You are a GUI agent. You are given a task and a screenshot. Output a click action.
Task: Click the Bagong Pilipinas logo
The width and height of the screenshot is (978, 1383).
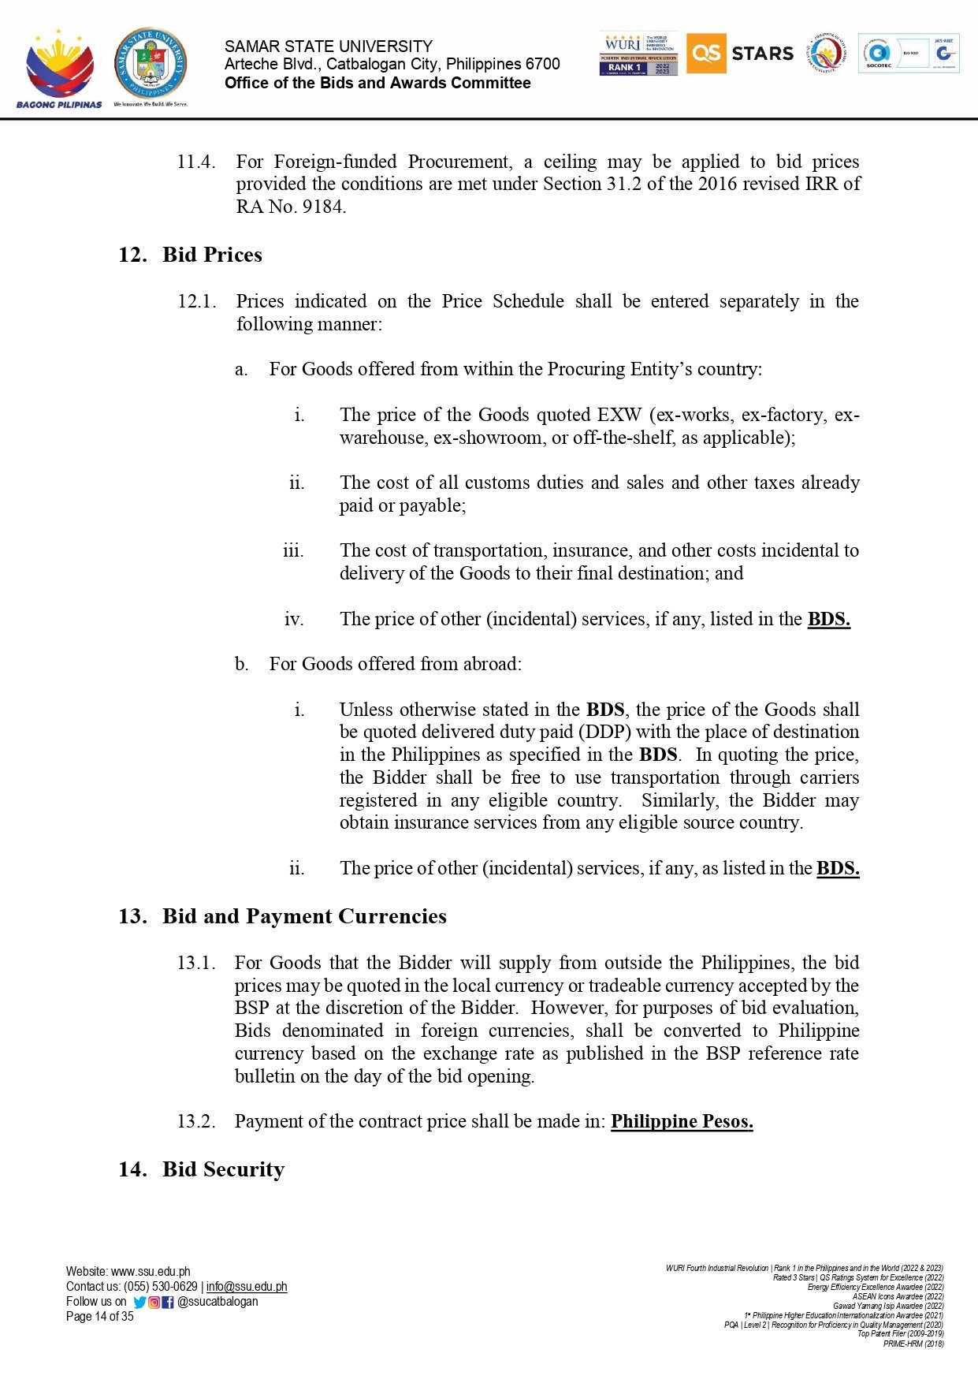[59, 68]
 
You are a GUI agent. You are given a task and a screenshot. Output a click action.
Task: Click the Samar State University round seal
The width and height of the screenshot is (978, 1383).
[151, 63]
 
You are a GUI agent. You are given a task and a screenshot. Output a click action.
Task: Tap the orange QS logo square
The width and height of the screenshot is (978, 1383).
[705, 53]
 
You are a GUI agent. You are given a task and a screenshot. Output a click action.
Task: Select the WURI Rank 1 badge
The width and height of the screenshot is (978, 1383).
[638, 54]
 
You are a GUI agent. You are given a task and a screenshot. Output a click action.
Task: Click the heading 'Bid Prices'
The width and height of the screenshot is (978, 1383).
[212, 255]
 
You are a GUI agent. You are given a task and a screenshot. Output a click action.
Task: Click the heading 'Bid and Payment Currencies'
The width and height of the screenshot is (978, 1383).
[304, 916]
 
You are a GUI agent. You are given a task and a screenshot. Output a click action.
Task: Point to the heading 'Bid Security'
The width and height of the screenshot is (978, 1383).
[223, 1169]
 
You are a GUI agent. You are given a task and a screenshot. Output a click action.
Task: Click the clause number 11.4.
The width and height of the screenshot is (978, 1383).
[195, 162]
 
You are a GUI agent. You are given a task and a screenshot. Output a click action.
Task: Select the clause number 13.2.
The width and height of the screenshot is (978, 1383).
[195, 1121]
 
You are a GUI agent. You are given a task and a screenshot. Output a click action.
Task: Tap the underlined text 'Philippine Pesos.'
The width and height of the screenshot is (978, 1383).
[682, 1121]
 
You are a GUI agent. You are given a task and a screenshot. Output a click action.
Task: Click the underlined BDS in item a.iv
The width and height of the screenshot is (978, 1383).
[828, 619]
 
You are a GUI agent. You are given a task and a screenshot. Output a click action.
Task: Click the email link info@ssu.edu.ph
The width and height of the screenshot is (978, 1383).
[247, 1287]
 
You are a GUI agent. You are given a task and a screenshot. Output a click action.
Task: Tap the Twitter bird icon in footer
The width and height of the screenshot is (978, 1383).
[140, 1303]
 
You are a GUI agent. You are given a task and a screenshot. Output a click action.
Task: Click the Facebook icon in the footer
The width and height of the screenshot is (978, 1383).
[168, 1303]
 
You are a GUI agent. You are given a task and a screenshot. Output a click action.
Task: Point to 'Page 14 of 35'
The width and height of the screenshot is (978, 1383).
[100, 1317]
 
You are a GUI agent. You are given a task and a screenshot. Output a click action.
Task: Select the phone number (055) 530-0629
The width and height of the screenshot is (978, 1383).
[161, 1287]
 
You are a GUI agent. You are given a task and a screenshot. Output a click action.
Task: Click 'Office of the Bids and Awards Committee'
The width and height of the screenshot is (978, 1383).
[377, 83]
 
